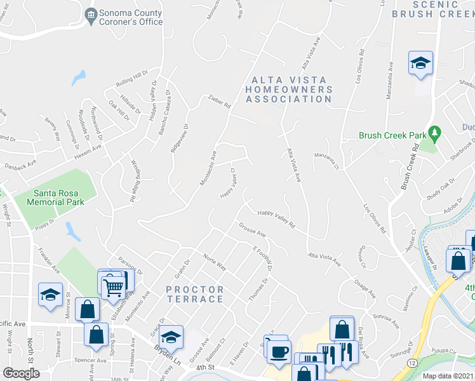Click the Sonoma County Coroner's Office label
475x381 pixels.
point(130,17)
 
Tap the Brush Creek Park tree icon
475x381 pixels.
point(435,134)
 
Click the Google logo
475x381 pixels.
point(21,373)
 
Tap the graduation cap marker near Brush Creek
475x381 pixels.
point(420,63)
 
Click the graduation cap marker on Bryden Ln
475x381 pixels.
point(170,337)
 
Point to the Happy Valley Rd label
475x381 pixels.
point(276,219)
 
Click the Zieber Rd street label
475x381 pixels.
point(219,101)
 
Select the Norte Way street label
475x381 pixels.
point(215,262)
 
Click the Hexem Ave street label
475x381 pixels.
point(89,147)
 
